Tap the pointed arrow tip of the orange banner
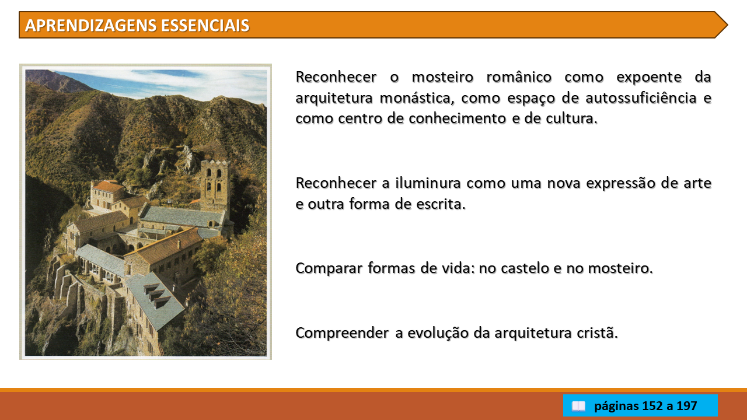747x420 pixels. [x=727, y=25]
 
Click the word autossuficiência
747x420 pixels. [x=641, y=97]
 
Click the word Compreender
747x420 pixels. [x=342, y=333]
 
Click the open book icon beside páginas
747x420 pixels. [x=578, y=406]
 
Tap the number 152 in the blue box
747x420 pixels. [x=652, y=405]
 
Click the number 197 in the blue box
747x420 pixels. [x=687, y=405]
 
